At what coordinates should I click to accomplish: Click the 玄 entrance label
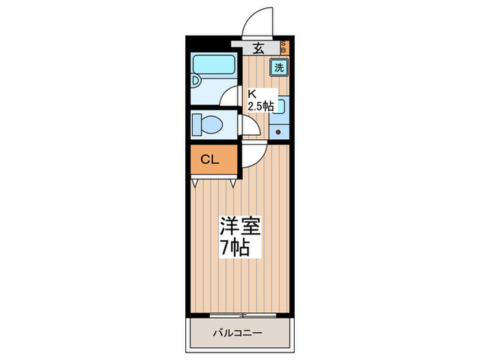click(x=259, y=48)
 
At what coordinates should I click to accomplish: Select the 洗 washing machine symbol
click(x=278, y=68)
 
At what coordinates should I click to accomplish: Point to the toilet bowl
click(x=208, y=125)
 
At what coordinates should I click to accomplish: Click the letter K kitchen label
click(x=252, y=94)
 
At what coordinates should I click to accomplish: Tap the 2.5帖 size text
click(x=261, y=106)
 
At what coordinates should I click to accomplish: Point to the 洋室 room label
click(x=240, y=227)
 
